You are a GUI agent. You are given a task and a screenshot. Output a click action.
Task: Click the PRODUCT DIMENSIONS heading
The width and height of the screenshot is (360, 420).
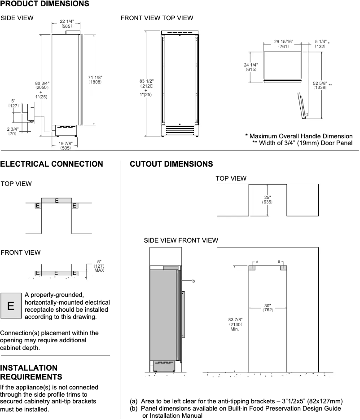point(44,4)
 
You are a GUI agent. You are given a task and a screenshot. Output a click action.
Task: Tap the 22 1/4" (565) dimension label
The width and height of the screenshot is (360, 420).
point(67,24)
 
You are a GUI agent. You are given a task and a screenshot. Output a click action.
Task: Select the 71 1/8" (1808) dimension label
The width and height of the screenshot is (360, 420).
point(95,80)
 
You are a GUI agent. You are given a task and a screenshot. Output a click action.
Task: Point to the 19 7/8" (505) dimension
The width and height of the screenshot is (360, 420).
point(66,145)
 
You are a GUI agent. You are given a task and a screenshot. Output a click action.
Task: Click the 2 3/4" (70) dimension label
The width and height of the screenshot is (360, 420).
point(12,131)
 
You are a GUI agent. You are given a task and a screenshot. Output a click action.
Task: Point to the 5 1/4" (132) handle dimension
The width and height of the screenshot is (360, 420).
point(320,44)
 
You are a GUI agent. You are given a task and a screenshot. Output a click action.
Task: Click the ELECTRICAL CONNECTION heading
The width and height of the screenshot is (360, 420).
point(52,164)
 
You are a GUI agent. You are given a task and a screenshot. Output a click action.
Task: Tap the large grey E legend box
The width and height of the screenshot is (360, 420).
point(11,306)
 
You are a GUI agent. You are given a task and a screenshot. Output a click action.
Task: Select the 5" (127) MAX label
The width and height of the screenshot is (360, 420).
point(99,266)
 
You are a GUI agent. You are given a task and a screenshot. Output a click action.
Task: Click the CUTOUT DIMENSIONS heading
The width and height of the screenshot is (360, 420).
point(171,164)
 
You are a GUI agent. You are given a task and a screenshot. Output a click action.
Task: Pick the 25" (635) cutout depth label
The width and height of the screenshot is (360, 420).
point(268,199)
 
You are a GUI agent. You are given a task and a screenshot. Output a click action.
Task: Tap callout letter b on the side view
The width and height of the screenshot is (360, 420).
point(193,281)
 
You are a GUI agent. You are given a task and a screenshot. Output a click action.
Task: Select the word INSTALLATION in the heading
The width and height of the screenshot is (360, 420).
point(29,367)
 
